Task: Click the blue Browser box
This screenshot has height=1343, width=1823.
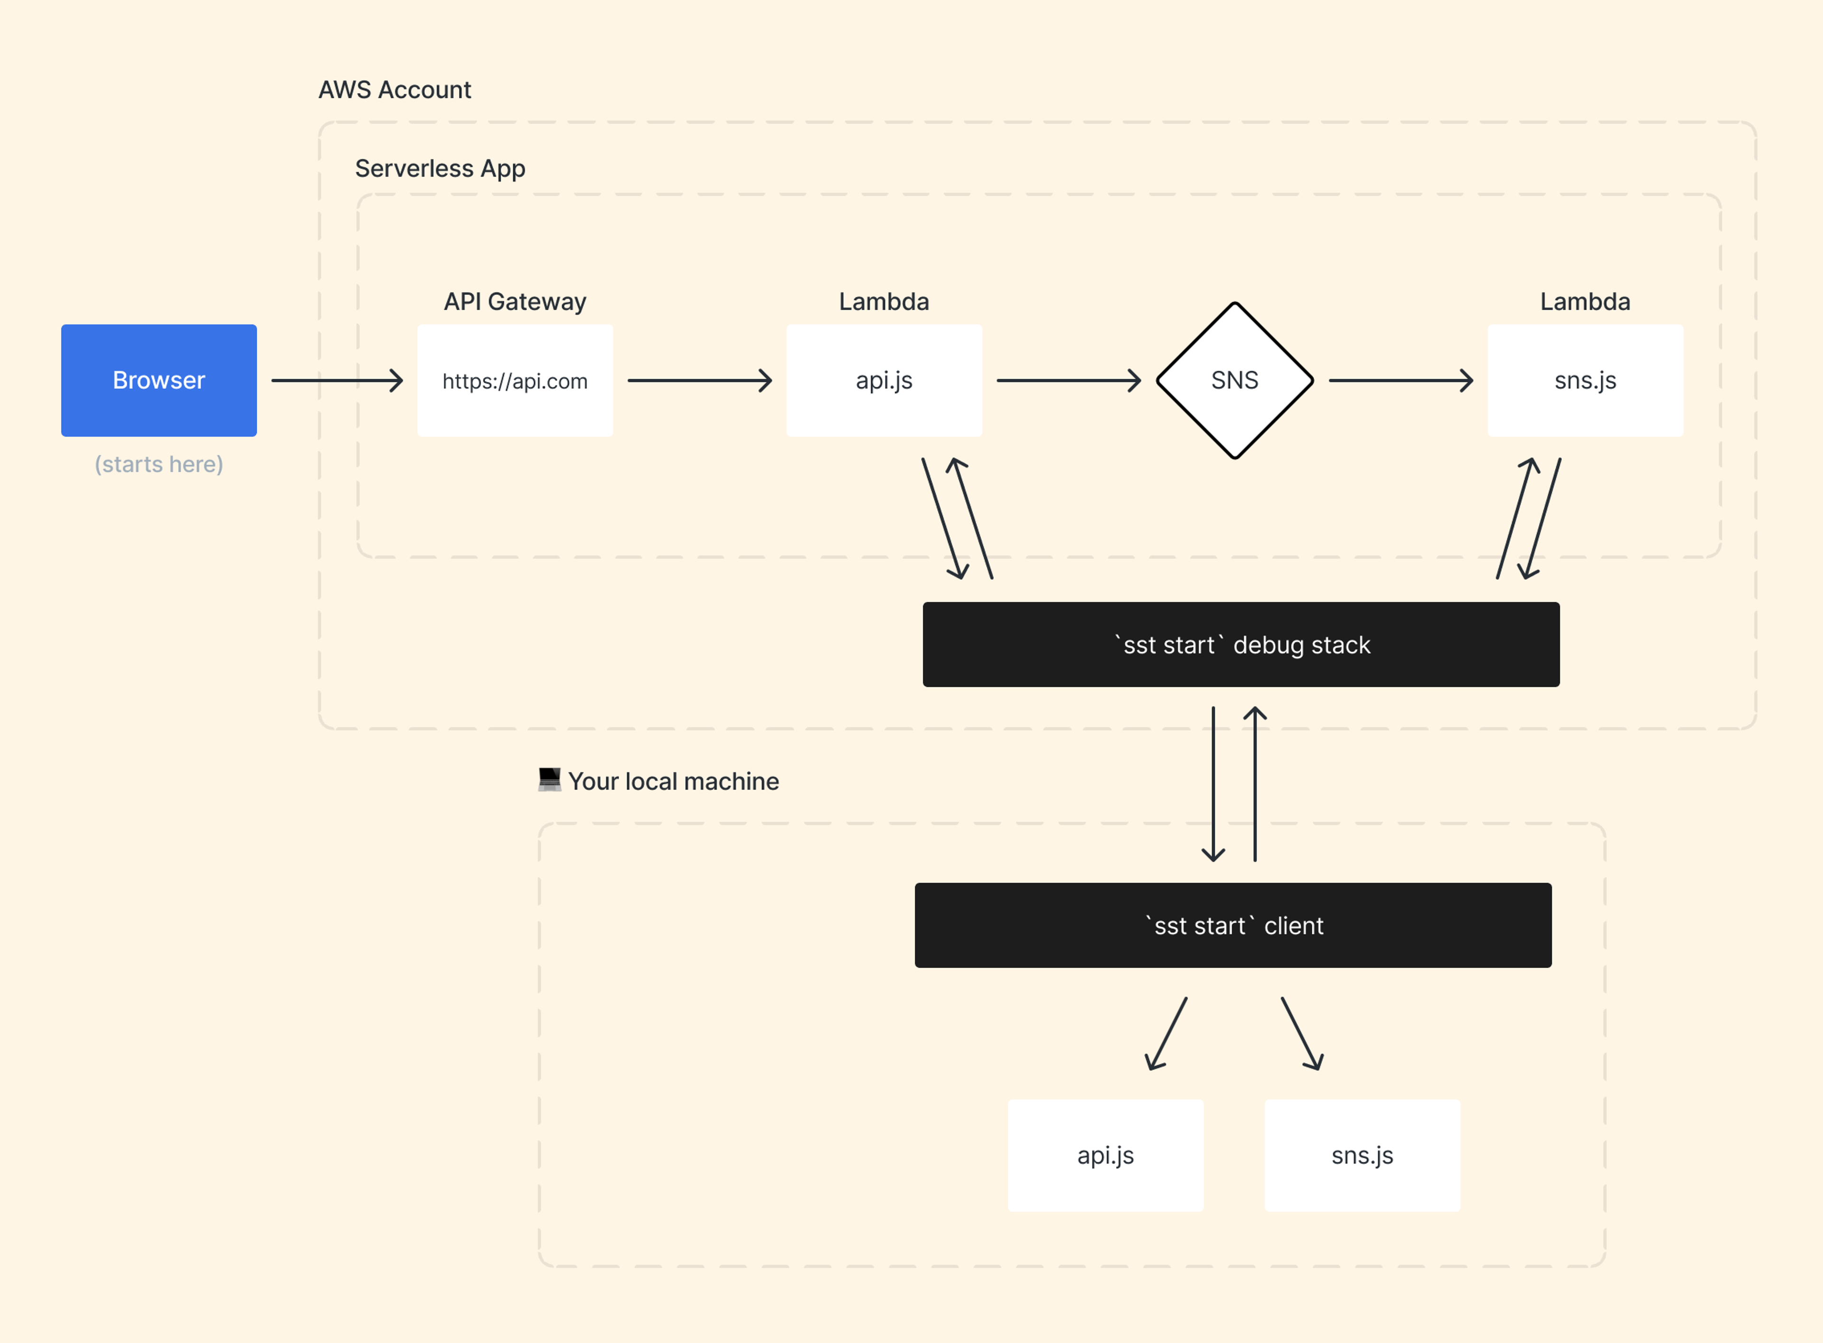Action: point(159,380)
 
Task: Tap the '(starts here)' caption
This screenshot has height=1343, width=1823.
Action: point(159,464)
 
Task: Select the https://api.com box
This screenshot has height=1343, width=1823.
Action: point(515,380)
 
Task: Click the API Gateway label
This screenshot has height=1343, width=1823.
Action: point(515,301)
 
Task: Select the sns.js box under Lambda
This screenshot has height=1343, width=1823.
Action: point(1584,380)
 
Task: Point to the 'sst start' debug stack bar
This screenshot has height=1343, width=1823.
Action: point(1240,645)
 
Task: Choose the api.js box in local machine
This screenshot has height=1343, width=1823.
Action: point(1105,1155)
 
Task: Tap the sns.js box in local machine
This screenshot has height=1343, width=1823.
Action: point(1362,1155)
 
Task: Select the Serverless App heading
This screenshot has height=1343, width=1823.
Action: point(440,168)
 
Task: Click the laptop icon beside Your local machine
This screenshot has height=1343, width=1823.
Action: point(549,780)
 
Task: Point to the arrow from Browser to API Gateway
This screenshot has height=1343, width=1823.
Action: point(337,380)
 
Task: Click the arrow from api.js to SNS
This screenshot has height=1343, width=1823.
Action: point(1068,380)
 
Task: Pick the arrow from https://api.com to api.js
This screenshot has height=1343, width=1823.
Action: point(699,380)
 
